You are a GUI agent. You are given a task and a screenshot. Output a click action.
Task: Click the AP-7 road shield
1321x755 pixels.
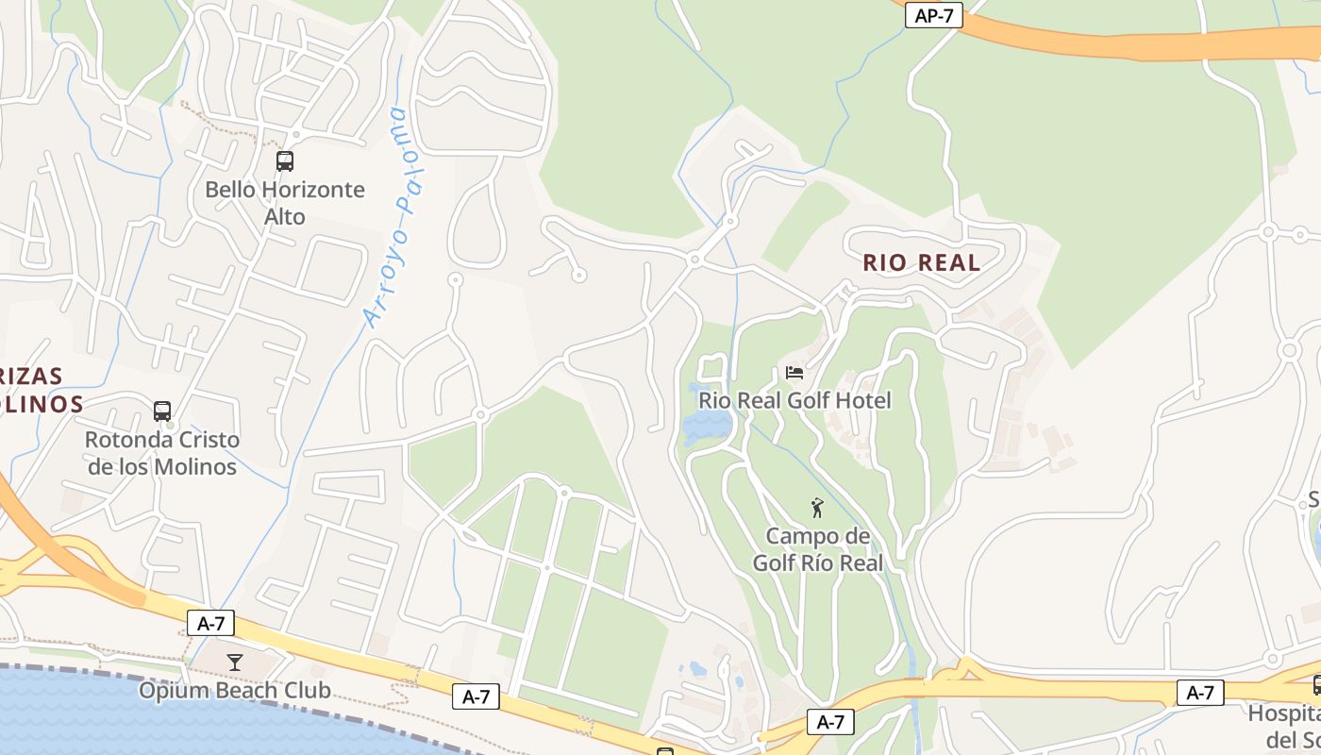coord(933,16)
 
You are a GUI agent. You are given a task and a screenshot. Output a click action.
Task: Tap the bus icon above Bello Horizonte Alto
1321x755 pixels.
coord(285,161)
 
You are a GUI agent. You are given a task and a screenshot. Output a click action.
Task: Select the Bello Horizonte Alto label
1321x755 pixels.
coord(285,203)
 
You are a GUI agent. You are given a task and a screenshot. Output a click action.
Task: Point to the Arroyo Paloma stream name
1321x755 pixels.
coord(399,217)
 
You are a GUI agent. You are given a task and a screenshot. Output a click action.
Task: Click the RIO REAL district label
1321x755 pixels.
coord(922,262)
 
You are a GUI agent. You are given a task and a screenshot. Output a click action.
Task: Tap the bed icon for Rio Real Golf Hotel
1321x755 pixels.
coord(794,372)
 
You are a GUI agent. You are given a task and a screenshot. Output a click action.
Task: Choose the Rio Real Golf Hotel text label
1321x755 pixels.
coord(794,400)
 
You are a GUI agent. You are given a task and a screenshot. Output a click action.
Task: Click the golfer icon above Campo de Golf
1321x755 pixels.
coord(817,509)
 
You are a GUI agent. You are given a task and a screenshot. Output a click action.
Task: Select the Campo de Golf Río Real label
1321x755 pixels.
coord(817,549)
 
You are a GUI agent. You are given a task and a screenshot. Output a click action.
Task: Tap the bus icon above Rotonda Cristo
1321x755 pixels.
coord(162,411)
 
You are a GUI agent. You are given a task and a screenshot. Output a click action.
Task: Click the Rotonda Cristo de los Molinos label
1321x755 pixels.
coord(162,453)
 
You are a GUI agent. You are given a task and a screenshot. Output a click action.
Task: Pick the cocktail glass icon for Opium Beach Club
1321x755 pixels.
coord(235,663)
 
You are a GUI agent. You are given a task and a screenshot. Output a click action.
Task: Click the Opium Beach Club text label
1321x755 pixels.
coord(235,690)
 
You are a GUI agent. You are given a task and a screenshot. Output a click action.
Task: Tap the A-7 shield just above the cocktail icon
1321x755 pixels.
coord(210,623)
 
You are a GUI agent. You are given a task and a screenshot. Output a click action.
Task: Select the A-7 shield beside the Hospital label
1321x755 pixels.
coord(1200,693)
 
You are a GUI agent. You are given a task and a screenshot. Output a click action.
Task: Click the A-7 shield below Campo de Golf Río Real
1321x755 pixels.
coord(830,722)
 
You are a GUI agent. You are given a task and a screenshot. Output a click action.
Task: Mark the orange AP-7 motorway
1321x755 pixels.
coord(1132,42)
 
